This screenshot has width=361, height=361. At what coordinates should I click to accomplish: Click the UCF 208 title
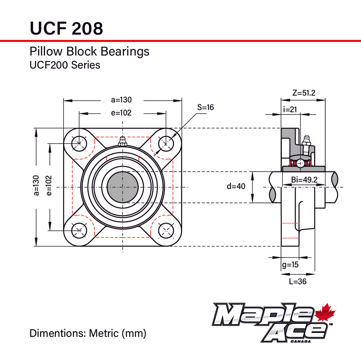click(66, 28)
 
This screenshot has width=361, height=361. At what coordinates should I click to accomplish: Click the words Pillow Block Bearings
click(89, 52)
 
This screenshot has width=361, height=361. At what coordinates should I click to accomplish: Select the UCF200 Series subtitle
click(65, 65)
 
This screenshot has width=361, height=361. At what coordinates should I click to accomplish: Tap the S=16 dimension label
click(205, 107)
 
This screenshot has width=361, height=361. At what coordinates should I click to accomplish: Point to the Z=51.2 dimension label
click(304, 93)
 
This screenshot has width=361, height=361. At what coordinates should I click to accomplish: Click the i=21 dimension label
click(290, 109)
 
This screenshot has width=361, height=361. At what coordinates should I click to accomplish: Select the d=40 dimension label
click(236, 186)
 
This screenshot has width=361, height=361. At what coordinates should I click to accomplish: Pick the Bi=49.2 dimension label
click(304, 180)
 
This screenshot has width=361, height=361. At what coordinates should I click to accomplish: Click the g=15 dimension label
click(290, 265)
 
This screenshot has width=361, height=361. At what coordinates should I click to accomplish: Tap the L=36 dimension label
click(298, 281)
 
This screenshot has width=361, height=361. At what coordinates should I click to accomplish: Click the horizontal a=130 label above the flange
click(122, 100)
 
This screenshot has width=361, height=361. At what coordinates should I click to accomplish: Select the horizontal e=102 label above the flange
click(122, 113)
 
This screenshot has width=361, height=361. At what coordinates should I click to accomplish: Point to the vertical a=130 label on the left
click(36, 185)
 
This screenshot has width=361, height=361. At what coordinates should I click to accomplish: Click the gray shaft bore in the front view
click(123, 187)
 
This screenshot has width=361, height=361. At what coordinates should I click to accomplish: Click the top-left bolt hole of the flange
click(79, 144)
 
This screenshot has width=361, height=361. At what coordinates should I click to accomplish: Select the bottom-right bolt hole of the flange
click(166, 230)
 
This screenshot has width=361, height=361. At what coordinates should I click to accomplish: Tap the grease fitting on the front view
click(122, 141)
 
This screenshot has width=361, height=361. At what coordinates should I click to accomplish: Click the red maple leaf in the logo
click(325, 313)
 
